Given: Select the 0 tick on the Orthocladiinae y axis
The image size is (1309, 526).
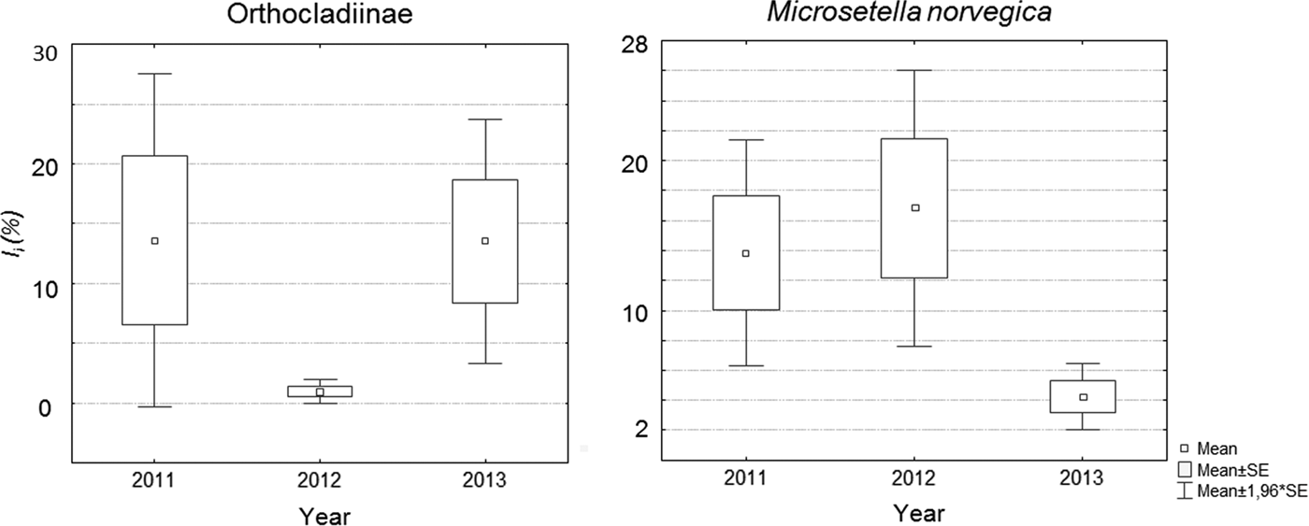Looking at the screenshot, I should coord(49,405).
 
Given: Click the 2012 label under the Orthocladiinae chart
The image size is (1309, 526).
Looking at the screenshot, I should coord(320,480).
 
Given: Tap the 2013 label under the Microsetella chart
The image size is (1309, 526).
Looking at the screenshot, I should coord(1082,478).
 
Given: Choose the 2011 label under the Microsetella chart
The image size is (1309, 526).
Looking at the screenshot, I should coord(746,478).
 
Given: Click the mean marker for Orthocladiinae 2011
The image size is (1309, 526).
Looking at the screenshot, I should coord(155,241).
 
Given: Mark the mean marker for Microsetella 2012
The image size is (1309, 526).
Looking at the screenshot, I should coord(915,207).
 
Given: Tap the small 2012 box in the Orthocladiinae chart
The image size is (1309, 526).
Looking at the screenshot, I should coord(320,391).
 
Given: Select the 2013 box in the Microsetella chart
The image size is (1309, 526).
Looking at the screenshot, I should coord(1083,396).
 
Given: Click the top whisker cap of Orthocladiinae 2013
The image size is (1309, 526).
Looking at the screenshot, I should coord(485,120).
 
